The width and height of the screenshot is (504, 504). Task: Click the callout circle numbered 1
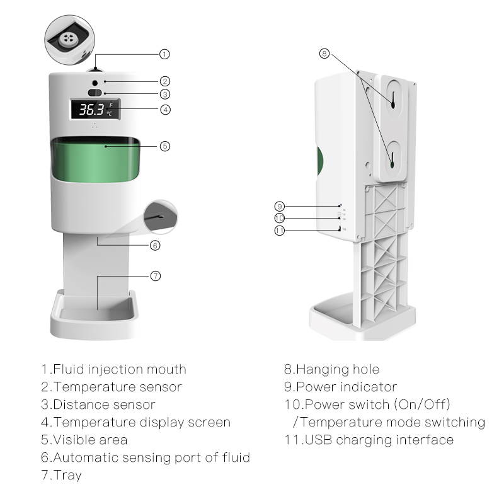tap(164, 54)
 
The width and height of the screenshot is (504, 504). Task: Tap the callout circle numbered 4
tap(164, 109)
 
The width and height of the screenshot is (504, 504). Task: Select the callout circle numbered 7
tap(156, 276)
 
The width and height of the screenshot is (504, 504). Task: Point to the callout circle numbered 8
tap(324, 54)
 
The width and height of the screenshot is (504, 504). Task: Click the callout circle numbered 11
tap(280, 231)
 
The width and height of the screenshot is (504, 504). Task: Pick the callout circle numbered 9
tap(280, 206)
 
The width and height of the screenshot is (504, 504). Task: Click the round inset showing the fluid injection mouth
tap(67, 39)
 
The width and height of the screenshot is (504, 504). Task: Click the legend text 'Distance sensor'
tap(104, 404)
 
